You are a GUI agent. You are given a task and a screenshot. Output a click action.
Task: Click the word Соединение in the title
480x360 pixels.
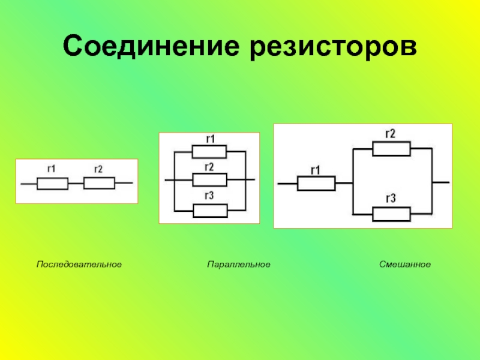click(154, 47)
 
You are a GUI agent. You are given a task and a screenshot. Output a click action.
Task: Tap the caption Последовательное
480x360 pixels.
click(79, 264)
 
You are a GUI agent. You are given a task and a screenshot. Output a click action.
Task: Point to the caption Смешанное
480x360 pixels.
click(405, 264)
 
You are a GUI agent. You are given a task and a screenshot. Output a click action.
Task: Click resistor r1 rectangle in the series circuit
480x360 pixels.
click(53, 183)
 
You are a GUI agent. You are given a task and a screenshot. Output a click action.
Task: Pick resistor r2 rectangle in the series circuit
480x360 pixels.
click(99, 182)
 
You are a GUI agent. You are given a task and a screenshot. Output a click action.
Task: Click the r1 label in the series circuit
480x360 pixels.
click(51, 169)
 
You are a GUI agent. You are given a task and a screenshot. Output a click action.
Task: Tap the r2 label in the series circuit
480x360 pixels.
click(98, 169)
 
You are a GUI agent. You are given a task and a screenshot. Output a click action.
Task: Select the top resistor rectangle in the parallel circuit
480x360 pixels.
click(209, 151)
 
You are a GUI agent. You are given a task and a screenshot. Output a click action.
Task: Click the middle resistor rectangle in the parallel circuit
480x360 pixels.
click(209, 179)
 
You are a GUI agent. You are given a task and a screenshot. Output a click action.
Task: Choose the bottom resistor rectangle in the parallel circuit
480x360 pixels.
click(210, 210)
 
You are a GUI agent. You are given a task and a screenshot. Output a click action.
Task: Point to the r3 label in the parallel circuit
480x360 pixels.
click(209, 196)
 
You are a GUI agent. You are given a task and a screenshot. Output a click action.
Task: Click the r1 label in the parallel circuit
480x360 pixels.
click(210, 139)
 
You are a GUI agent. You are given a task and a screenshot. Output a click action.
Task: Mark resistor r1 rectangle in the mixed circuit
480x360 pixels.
click(316, 184)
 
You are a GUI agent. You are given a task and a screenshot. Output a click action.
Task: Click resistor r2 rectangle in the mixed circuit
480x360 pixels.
click(391, 149)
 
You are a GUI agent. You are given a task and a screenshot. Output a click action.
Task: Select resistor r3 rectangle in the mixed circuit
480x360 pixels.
click(391, 214)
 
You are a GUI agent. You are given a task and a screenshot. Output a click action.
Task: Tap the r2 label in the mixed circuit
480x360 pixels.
click(390, 134)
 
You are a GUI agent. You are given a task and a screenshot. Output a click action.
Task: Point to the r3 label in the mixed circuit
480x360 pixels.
click(390, 199)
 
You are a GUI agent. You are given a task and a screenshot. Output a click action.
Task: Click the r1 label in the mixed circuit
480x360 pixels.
click(315, 170)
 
